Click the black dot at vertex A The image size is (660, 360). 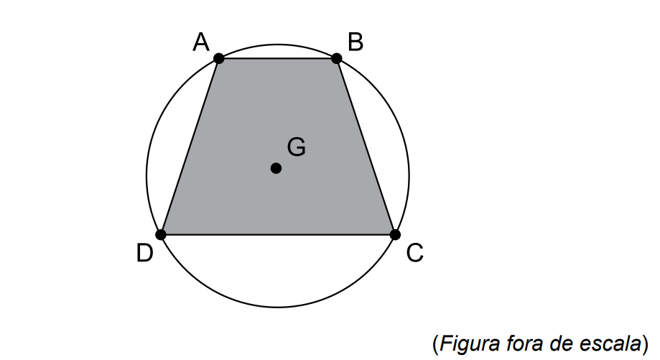pos(218,58)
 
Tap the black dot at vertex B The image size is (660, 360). pos(336,58)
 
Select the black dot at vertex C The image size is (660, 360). pos(395,234)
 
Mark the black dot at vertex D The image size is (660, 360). pos(160,234)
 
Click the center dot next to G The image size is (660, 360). pos(276,168)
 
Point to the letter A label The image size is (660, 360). pos(201,42)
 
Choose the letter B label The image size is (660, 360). pos(355,42)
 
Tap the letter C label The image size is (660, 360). pos(414,253)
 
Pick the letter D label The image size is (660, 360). pos(145,254)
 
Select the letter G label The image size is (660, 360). pos(297,147)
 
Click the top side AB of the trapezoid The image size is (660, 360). pos(277,58)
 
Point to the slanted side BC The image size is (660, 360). pos(366,147)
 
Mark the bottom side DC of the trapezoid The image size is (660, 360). pos(278,234)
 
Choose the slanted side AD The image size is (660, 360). pos(190,147)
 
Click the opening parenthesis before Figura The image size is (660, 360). pos(435,344)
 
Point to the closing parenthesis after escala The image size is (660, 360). pos(645,344)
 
